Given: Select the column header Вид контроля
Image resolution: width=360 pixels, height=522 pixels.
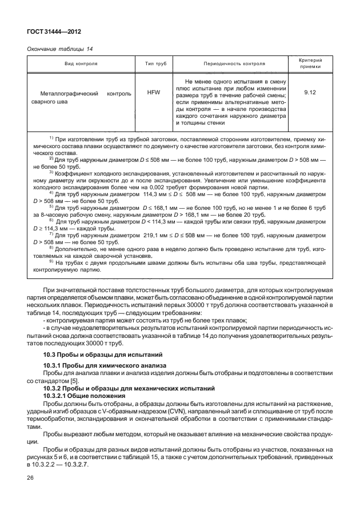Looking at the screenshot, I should [x=80, y=64].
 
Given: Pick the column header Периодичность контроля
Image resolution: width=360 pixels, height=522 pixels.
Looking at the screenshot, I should [x=234, y=64].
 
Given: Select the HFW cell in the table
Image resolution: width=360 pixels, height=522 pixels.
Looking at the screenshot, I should [x=153, y=92].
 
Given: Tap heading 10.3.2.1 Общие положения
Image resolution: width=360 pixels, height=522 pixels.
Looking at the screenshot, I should [x=80, y=396].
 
